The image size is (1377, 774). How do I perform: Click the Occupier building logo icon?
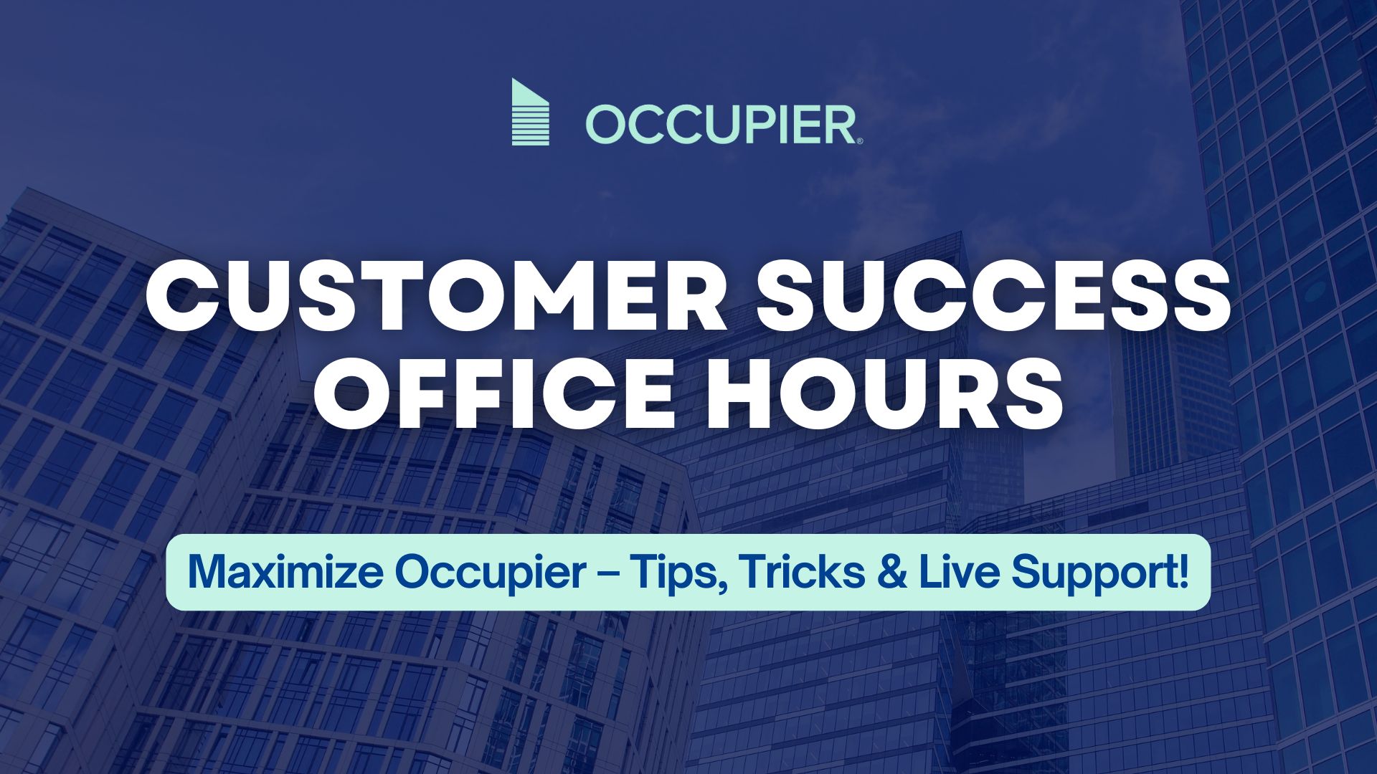tap(531, 112)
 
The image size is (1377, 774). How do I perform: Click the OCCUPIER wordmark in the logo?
tap(721, 125)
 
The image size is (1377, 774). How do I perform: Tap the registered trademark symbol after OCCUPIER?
tap(860, 140)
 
